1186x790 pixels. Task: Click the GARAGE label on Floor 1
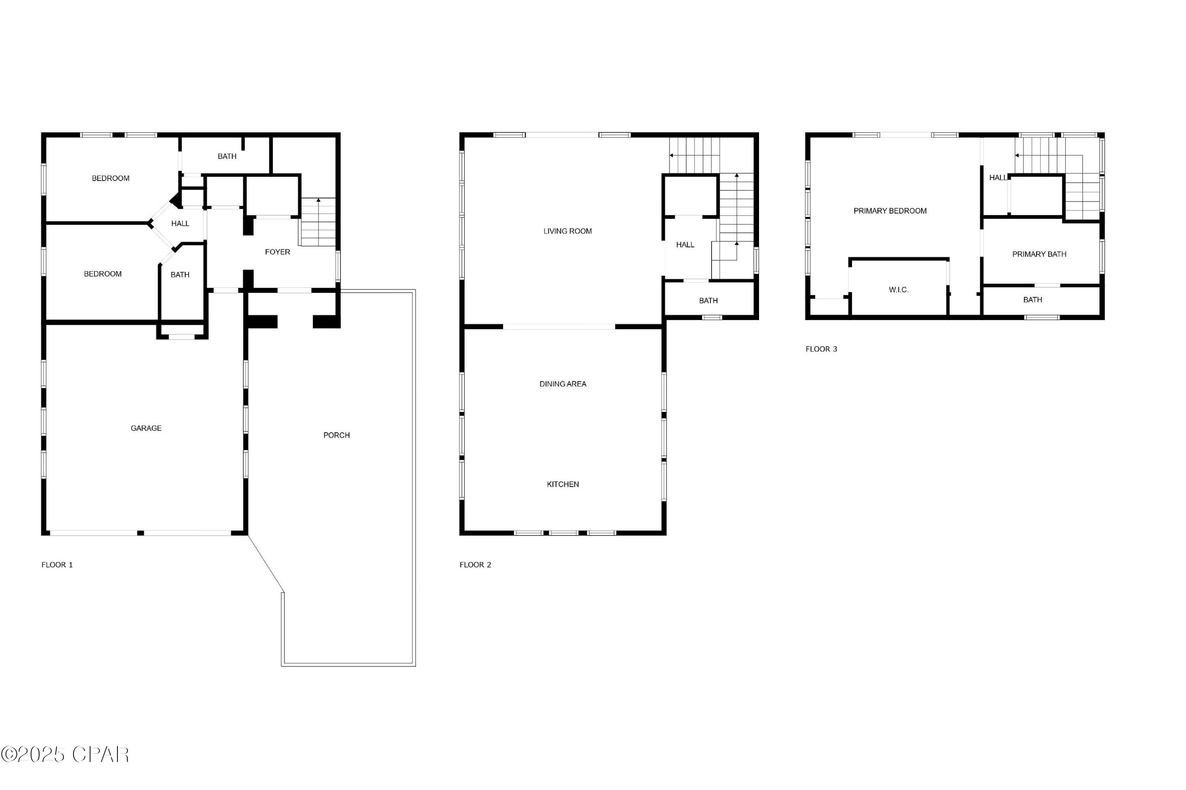(x=146, y=428)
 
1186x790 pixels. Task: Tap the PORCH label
(x=336, y=435)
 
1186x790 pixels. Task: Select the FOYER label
(x=277, y=252)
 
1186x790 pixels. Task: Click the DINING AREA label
(x=563, y=384)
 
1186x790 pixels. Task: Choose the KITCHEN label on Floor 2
(x=563, y=484)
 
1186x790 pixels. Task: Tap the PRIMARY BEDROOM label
(x=889, y=211)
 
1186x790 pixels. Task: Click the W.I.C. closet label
(x=898, y=290)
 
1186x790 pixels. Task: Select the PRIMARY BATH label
(x=1039, y=255)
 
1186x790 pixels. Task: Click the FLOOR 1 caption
(x=57, y=565)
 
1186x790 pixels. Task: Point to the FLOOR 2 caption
(x=475, y=565)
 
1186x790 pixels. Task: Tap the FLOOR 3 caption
(x=821, y=349)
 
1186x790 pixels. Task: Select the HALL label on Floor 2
(x=685, y=245)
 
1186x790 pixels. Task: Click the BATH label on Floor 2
(x=708, y=301)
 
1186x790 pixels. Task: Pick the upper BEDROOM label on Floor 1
(x=110, y=178)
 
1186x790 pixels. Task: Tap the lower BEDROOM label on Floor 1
(x=102, y=274)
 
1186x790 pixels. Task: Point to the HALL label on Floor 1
(x=180, y=224)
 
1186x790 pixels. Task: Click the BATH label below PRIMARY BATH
(x=1032, y=300)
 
